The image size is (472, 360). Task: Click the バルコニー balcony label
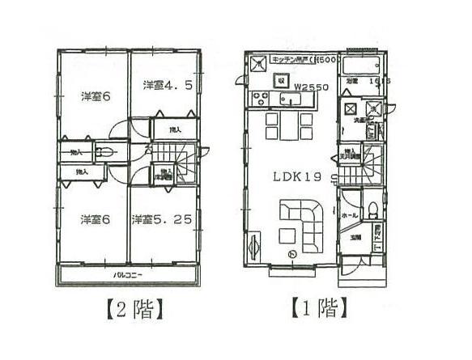click(128, 276)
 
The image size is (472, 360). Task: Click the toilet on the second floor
click(104, 151)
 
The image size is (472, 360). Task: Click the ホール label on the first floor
click(351, 215)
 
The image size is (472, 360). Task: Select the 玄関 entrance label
click(355, 237)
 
